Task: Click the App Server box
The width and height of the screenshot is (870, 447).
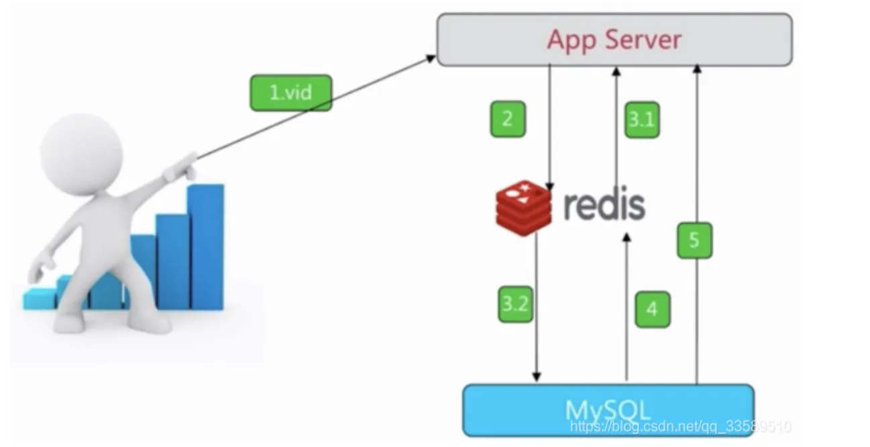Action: point(614,40)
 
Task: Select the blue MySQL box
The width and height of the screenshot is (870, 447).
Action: point(608,409)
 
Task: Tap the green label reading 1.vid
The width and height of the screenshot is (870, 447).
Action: point(290,93)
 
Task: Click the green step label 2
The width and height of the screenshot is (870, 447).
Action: point(507,119)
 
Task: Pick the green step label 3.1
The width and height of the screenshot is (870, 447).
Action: point(641,119)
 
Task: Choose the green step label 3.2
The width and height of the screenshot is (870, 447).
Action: point(515,304)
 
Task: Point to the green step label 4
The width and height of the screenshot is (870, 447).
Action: point(651,309)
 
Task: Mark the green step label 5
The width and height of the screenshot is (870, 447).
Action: point(694,240)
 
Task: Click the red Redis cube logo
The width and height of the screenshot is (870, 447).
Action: point(524,207)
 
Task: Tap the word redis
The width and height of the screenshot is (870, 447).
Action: point(604,205)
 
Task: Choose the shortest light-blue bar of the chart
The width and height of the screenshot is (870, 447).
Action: point(39,299)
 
